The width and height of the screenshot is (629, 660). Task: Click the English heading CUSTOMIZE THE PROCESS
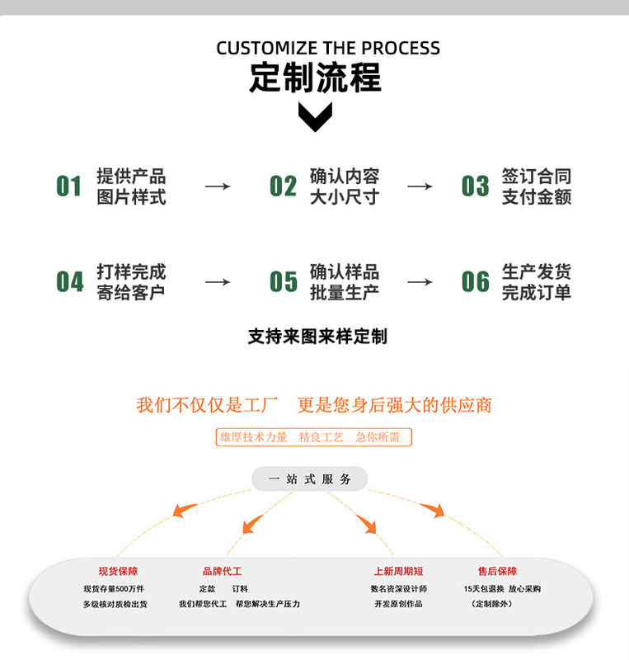coord(328,48)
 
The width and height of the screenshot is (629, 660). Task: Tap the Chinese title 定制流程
coord(315,78)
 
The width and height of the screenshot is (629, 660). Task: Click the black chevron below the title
coord(315,118)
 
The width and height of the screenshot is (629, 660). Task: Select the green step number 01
coord(69,186)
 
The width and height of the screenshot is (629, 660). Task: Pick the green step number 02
coord(283,186)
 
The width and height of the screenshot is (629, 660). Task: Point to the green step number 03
coord(475,186)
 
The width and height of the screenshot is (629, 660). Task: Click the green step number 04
coord(69,282)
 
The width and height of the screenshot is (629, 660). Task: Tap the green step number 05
coord(283,282)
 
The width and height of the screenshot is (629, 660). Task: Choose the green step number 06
coord(475,282)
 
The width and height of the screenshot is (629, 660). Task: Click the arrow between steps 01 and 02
coord(218,186)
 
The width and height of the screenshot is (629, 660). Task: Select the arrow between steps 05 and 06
coord(420,282)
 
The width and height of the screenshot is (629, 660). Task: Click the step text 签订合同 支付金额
coord(537,186)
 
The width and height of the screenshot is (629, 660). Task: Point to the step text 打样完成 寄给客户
coord(131,282)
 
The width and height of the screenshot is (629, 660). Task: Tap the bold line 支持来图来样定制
coord(317,337)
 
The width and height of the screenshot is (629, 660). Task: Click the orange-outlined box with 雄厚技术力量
coord(313,437)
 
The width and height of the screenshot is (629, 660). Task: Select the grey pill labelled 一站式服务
coord(310,479)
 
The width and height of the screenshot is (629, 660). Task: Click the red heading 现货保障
coord(118,571)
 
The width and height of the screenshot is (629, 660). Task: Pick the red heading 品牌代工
coord(222,571)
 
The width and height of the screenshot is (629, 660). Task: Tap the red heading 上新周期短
coord(399,571)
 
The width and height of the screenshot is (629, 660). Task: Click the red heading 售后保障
coord(497,571)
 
